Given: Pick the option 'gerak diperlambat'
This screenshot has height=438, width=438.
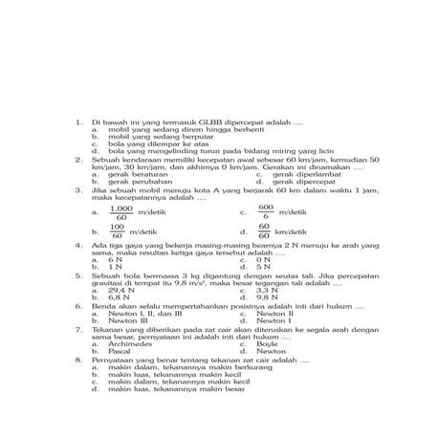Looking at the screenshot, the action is coord(300,174).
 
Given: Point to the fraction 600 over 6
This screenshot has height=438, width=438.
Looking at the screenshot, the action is coord(266,211).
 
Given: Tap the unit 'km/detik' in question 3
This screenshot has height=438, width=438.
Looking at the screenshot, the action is coord(295,231).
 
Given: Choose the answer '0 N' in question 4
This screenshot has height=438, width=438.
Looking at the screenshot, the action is coord(264,259).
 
